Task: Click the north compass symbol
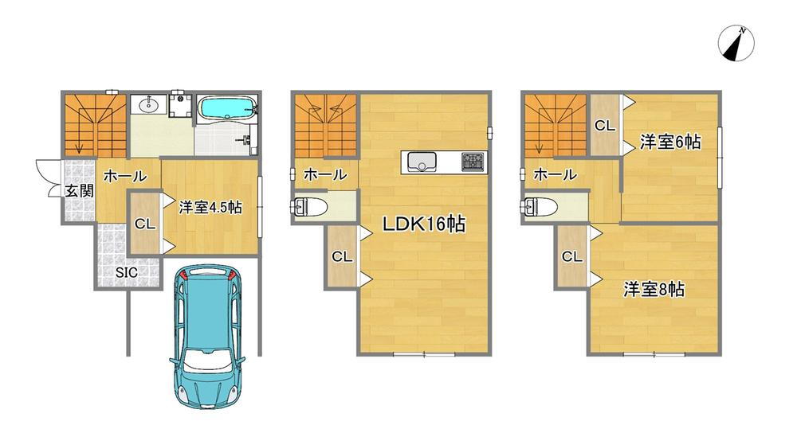tap(736, 44)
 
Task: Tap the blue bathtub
tap(226, 107)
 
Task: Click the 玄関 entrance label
tap(79, 191)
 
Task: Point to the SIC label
tap(126, 272)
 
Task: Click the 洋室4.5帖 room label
tap(210, 207)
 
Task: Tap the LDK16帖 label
tap(423, 224)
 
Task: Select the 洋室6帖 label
tap(670, 142)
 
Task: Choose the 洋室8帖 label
tap(654, 289)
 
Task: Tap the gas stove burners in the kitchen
tap(473, 162)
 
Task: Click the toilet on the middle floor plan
tap(309, 207)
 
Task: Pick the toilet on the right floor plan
tap(540, 207)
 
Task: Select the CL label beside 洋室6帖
tap(604, 126)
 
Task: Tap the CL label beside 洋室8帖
tap(571, 257)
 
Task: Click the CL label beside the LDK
tap(342, 257)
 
